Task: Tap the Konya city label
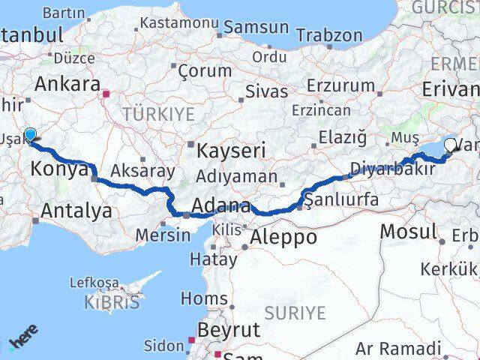click(x=58, y=169)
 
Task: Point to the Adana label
click(x=220, y=205)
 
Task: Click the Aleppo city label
click(x=284, y=238)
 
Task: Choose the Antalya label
click(x=76, y=211)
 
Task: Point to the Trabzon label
click(x=329, y=34)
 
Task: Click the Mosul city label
click(x=408, y=231)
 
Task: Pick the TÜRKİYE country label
click(x=158, y=114)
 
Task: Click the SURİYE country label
click(x=299, y=312)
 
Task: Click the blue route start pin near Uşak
click(x=30, y=135)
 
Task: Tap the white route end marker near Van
click(x=451, y=145)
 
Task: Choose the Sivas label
click(x=267, y=92)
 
